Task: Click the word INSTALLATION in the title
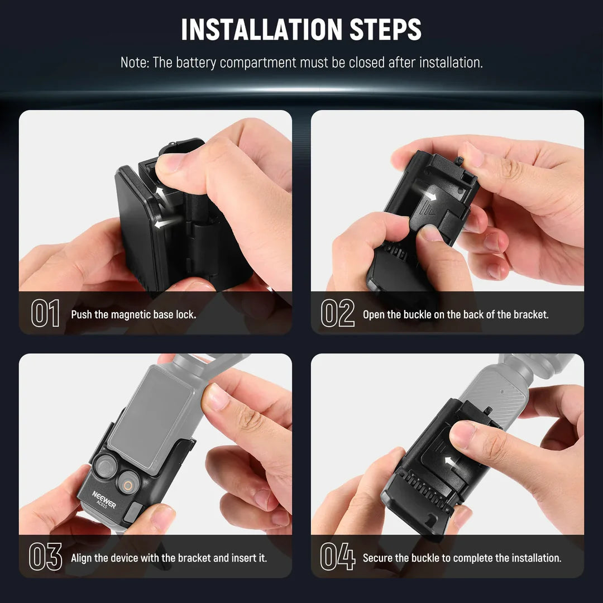[261, 30]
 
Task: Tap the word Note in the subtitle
[134, 63]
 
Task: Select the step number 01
[45, 314]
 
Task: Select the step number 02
[337, 314]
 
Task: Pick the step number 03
[45, 557]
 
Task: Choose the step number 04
[337, 557]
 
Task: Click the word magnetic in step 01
[131, 314]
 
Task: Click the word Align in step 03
[82, 558]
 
